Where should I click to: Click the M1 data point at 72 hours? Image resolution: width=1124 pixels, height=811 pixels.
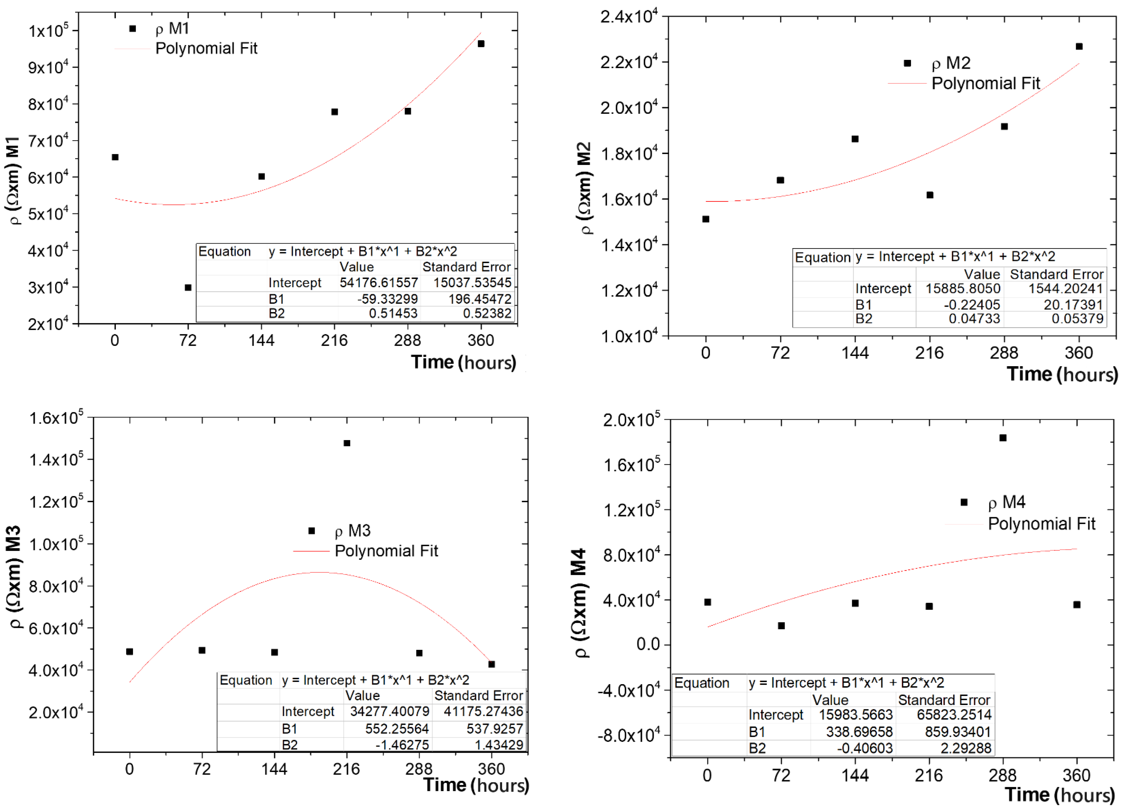188,287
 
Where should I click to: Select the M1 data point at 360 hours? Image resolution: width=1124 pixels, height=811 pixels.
481,44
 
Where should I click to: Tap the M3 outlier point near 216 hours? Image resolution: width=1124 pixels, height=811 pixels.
347,443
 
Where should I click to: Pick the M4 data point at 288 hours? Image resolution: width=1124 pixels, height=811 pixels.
1003,438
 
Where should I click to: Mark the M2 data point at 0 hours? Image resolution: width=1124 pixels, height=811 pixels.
706,219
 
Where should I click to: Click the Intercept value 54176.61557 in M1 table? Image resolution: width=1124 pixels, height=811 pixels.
379,283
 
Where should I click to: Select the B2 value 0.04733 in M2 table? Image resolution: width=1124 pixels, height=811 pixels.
974,319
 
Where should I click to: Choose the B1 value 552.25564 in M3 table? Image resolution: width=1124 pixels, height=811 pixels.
397,729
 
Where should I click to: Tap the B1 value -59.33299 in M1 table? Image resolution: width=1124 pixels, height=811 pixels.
388,299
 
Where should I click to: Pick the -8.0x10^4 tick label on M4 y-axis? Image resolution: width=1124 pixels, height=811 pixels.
628,735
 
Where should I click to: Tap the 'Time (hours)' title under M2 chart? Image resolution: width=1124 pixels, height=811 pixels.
1062,374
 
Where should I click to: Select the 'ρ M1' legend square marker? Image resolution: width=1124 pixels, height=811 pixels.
132,29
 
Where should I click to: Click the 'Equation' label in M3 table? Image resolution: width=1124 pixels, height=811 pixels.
246,680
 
